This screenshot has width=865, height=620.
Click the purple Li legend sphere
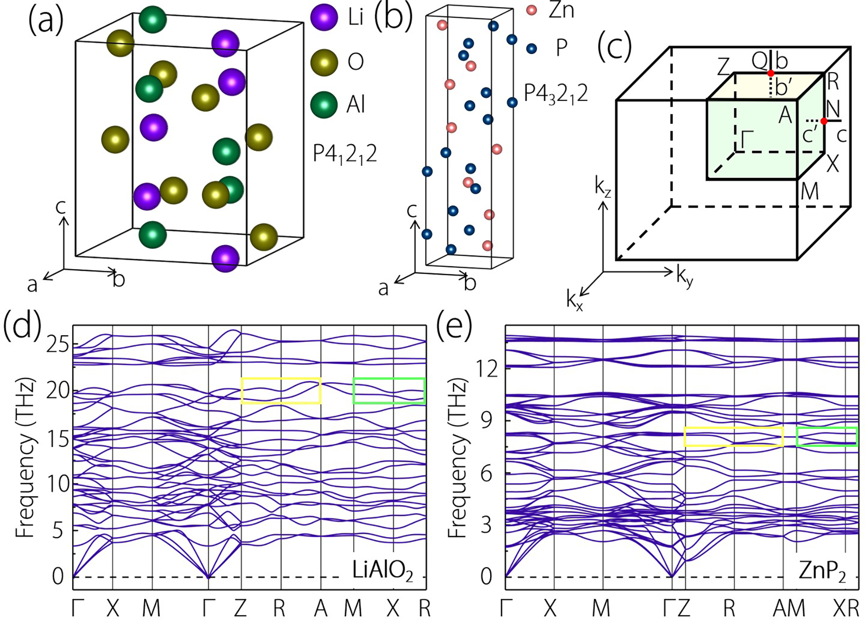[324, 17]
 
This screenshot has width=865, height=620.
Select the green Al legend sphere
[324, 105]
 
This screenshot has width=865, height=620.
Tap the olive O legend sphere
[324, 62]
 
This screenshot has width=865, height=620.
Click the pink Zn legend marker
[532, 10]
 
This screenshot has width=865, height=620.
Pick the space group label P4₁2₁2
[345, 155]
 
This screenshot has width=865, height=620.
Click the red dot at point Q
[771, 73]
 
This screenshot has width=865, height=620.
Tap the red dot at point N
[824, 121]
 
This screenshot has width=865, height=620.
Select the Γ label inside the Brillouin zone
[747, 139]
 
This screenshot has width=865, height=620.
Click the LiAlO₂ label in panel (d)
[382, 570]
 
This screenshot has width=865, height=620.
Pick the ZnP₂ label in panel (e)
[822, 571]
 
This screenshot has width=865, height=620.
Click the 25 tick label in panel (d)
[57, 345]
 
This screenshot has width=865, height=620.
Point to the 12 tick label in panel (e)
[487, 369]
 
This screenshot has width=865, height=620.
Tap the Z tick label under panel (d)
[240, 609]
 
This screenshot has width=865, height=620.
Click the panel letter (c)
[615, 46]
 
